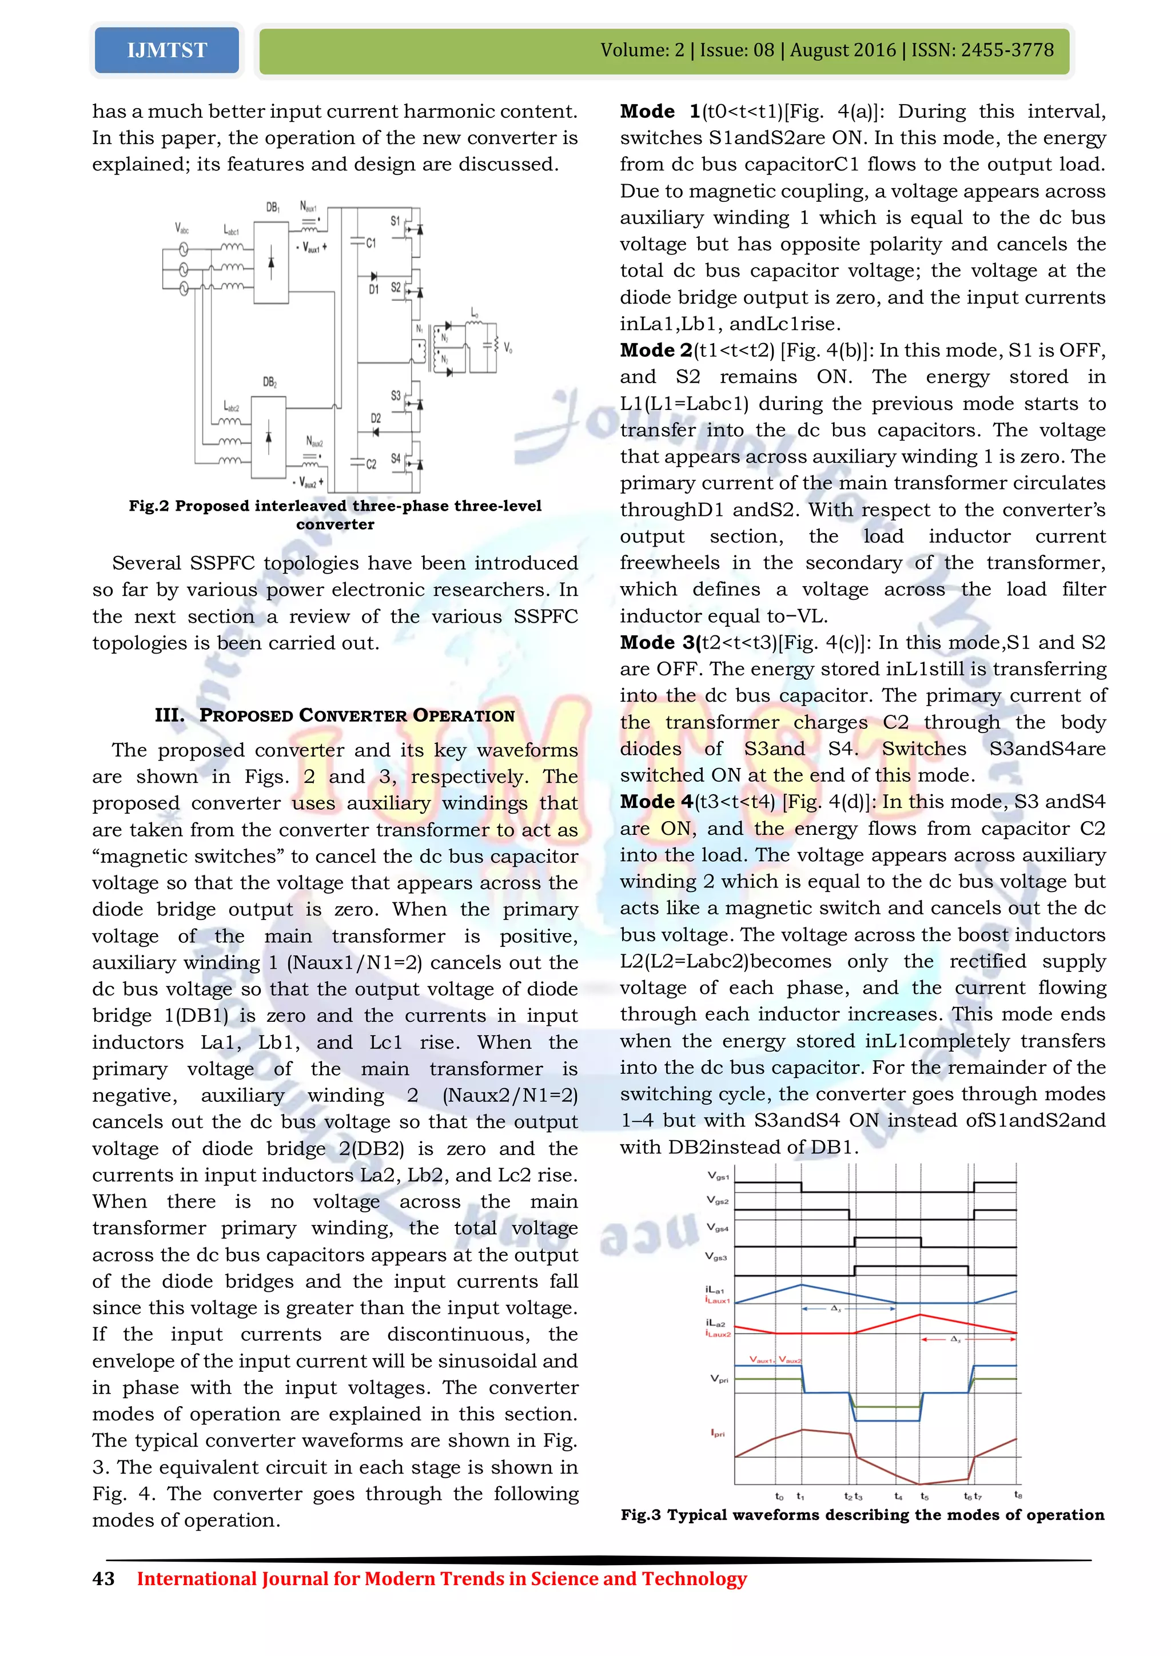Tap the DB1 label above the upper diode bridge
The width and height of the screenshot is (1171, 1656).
(273, 208)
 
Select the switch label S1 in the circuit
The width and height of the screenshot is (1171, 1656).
(395, 221)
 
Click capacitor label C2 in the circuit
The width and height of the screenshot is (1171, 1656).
(371, 464)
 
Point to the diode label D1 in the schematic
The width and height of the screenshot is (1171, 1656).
(373, 289)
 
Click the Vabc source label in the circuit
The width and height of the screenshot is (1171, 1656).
(182, 229)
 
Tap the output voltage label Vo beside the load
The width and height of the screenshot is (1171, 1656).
(508, 348)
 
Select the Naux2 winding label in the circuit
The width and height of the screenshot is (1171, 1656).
(314, 441)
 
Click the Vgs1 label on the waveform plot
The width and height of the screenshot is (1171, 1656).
(718, 1176)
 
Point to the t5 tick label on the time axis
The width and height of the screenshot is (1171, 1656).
(925, 1496)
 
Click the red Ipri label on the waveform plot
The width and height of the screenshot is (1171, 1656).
(718, 1433)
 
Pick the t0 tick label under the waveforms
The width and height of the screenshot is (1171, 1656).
(779, 1496)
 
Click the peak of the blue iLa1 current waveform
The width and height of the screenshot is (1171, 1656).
(801, 1284)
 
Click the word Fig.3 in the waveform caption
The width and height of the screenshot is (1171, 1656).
(640, 1515)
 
